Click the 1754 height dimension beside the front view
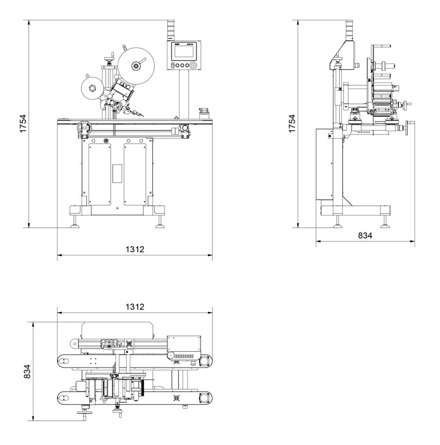[x=23, y=124]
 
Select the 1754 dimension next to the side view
[x=292, y=124]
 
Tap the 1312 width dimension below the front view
[x=135, y=249]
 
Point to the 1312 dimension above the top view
[x=135, y=307]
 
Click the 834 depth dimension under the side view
[x=365, y=235]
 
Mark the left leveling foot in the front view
[x=74, y=226]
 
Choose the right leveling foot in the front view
[x=160, y=226]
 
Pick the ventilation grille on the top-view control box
[x=185, y=355]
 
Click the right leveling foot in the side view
[x=384, y=226]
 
